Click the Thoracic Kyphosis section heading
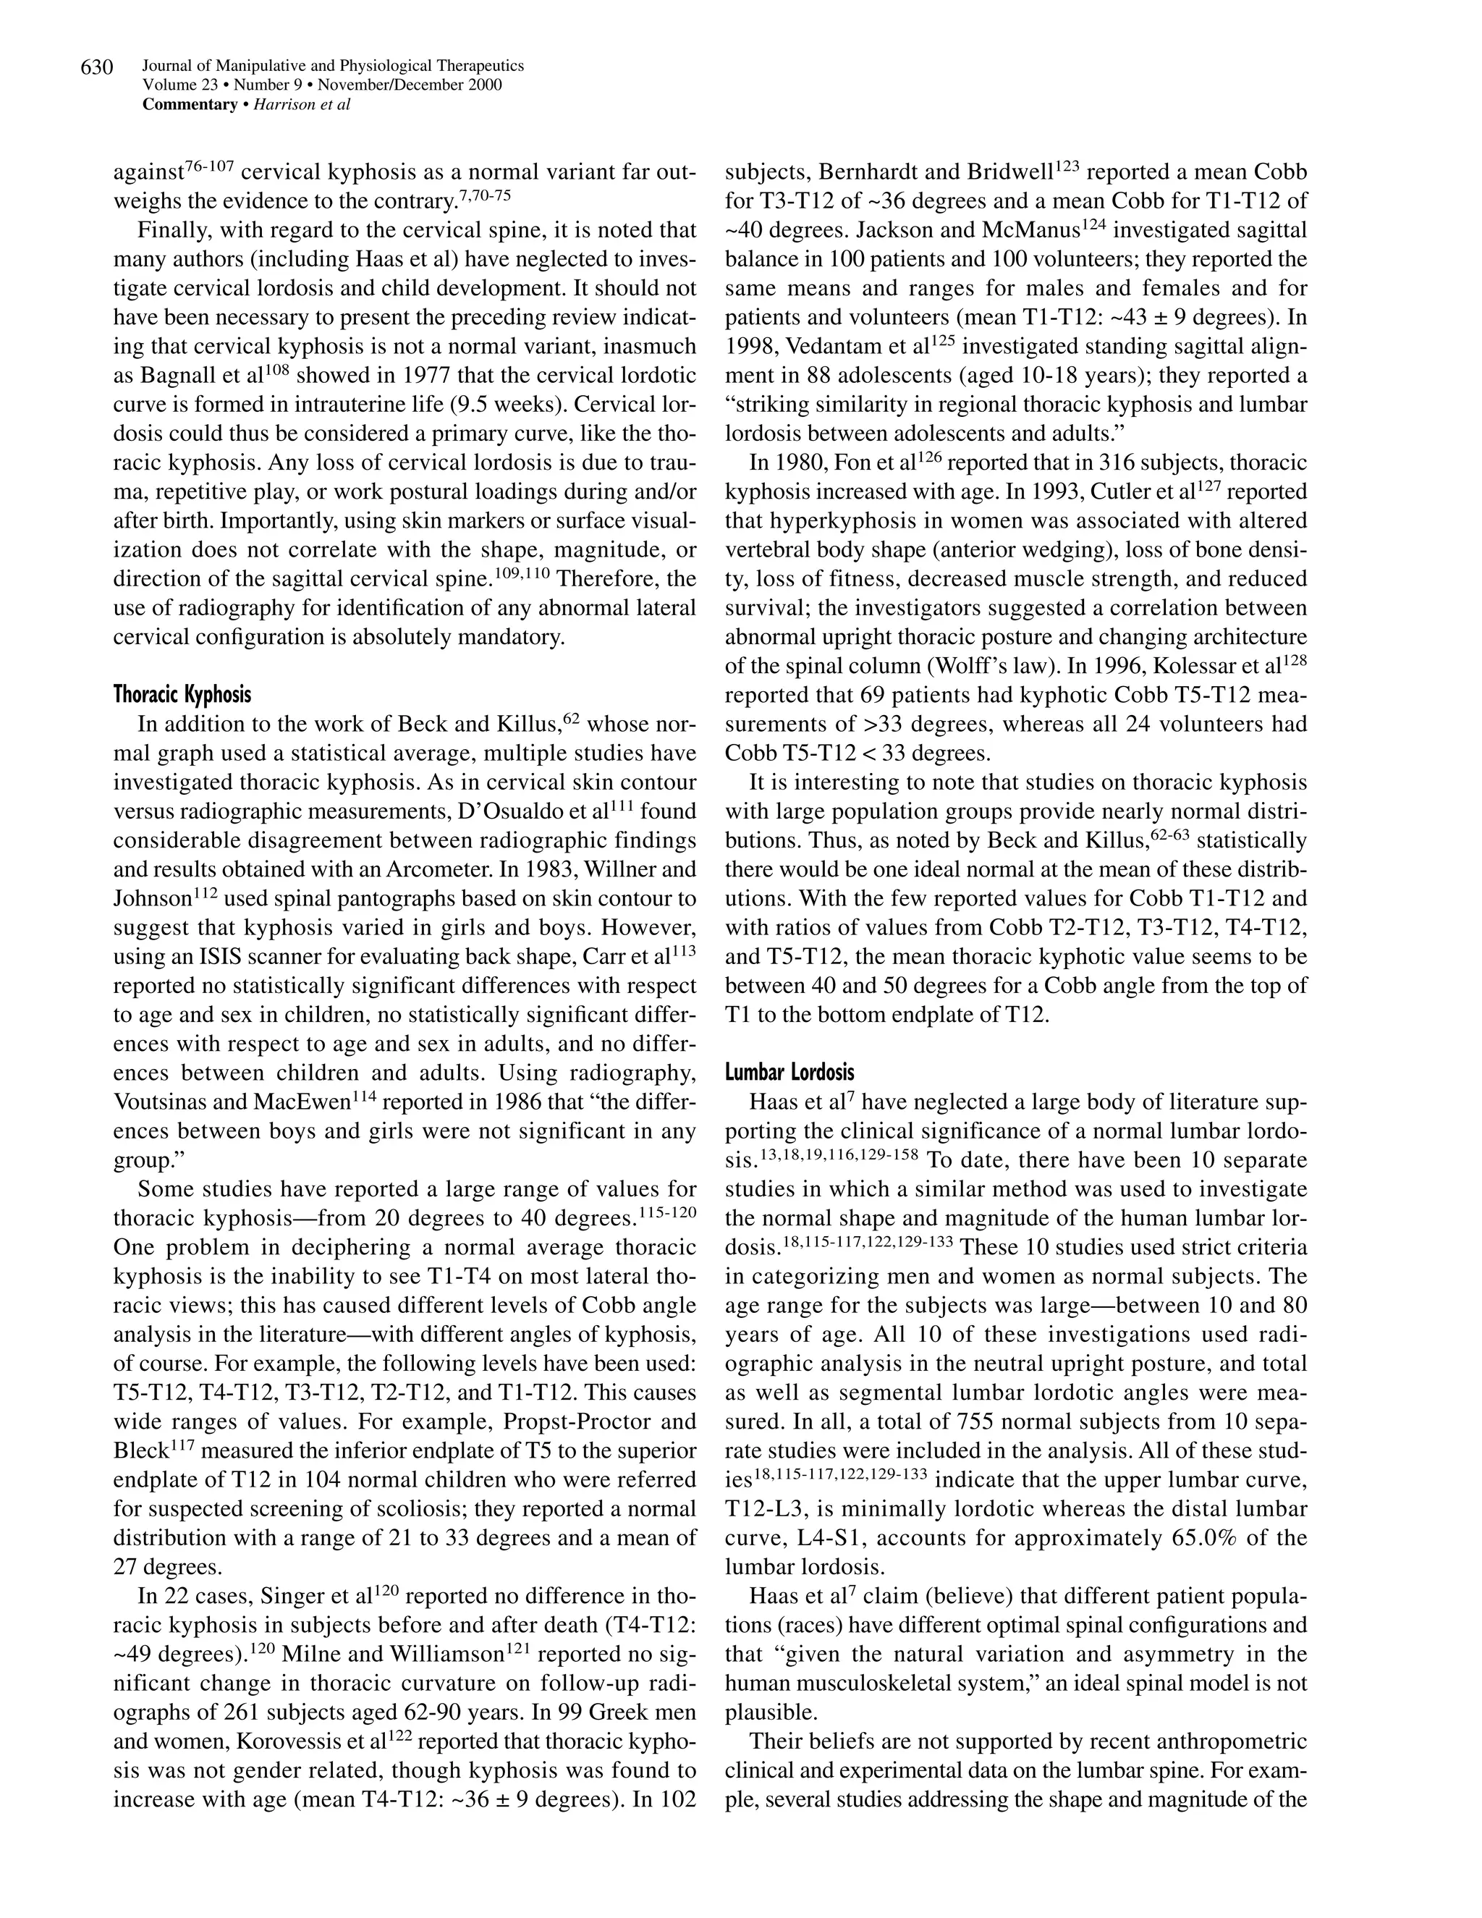click(182, 695)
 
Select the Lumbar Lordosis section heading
click(789, 1073)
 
